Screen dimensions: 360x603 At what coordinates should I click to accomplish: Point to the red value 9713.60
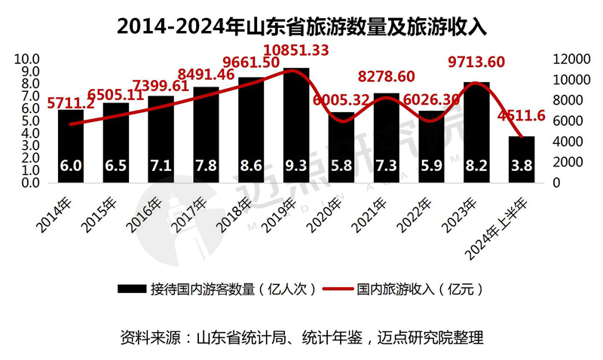(x=476, y=62)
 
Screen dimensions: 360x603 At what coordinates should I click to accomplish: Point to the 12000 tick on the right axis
(x=567, y=59)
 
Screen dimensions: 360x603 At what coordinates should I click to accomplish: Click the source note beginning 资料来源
(x=301, y=336)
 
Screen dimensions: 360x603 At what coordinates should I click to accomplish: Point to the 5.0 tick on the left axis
(x=29, y=121)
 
